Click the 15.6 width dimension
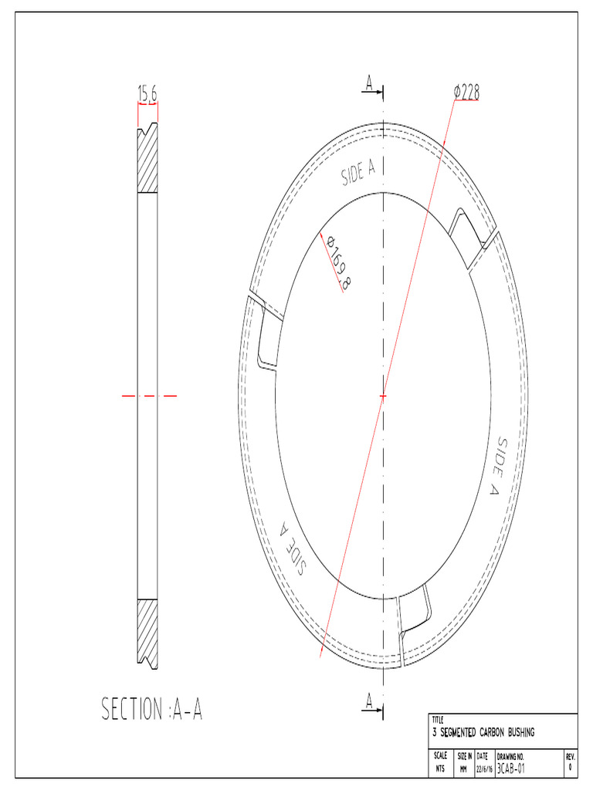pyautogui.click(x=147, y=93)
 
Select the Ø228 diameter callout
pyautogui.click(x=466, y=92)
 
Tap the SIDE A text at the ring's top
pyautogui.click(x=358, y=174)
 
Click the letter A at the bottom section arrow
pyautogui.click(x=370, y=701)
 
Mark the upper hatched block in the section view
pyautogui.click(x=147, y=160)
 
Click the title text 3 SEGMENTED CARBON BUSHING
pyautogui.click(x=483, y=731)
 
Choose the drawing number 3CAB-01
pyautogui.click(x=511, y=769)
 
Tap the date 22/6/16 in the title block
pyautogui.click(x=484, y=769)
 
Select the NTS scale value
pyautogui.click(x=440, y=769)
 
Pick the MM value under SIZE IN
pyautogui.click(x=464, y=769)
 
